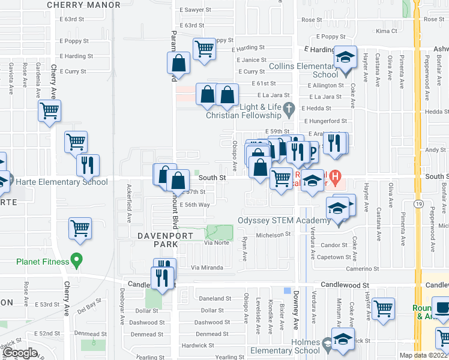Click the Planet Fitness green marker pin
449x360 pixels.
click(x=76, y=260)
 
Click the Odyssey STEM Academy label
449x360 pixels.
click(x=285, y=220)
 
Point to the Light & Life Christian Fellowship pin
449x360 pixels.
click(x=289, y=109)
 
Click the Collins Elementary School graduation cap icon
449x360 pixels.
click(x=345, y=58)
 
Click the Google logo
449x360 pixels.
click(x=20, y=353)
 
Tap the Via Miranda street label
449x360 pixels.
click(x=206, y=268)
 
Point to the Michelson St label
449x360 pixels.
click(x=273, y=235)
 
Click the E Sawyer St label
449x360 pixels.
click(x=195, y=10)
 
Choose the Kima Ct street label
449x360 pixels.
click(x=386, y=31)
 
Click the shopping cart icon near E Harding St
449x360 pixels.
click(x=205, y=49)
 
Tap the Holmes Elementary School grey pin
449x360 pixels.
click(x=327, y=344)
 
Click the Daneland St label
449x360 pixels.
click(x=215, y=298)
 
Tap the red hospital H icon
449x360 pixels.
click(x=336, y=177)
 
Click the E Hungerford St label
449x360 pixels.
click(x=324, y=121)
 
